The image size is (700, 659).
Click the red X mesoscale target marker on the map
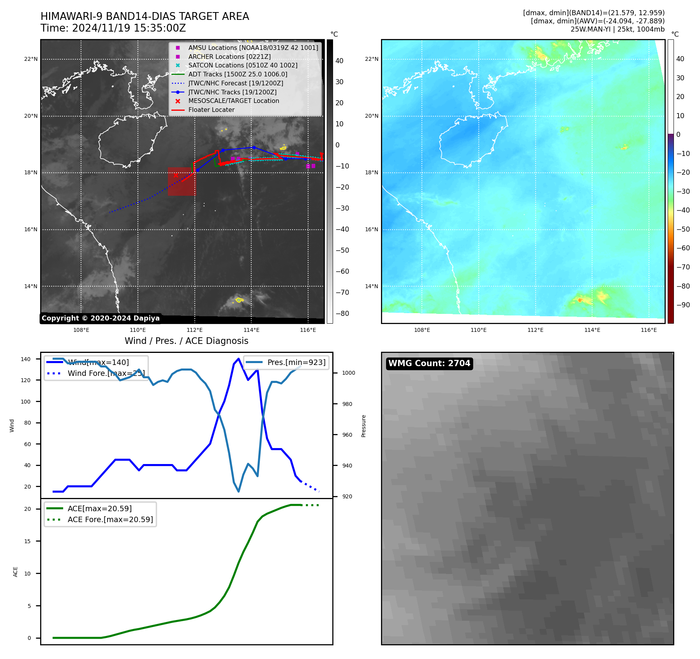176,175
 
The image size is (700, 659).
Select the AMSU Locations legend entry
253,48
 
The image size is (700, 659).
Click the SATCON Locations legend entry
243,65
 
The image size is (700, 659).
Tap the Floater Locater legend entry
211,110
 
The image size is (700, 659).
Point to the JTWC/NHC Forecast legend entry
236,83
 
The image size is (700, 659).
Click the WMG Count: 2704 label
429,363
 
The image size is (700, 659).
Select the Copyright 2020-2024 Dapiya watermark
101,318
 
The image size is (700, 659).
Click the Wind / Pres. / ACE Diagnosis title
186,341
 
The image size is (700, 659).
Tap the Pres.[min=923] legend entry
296,362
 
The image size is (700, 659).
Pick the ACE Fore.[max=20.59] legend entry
110,519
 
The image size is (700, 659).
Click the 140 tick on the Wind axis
26,359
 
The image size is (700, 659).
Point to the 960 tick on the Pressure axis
347,435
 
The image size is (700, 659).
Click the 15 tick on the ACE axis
27,541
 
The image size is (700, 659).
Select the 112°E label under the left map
195,330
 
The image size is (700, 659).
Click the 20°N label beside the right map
371,116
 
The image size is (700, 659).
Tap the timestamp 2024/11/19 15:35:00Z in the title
129,28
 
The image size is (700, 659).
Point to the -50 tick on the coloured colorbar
683,229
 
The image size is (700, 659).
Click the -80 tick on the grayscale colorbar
342,314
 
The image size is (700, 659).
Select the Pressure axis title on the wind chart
363,426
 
